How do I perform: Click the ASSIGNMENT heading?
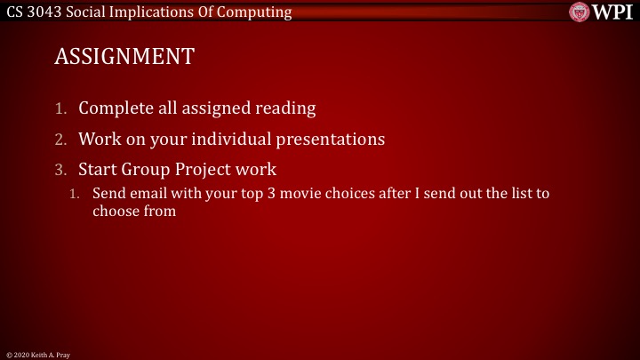(x=124, y=57)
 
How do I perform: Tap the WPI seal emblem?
(x=579, y=12)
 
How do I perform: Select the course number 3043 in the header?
(x=44, y=12)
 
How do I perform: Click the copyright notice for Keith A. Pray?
(x=37, y=354)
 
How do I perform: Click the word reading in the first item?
(x=283, y=108)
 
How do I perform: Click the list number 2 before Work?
(x=60, y=140)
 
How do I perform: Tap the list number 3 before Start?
(x=60, y=170)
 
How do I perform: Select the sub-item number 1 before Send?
(x=76, y=193)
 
